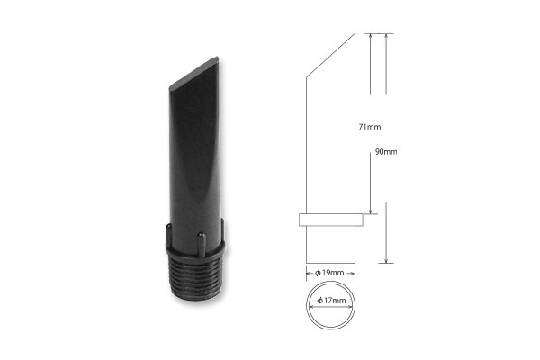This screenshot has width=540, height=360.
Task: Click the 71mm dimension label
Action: pyautogui.click(x=370, y=127)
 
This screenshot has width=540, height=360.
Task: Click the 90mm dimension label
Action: pyautogui.click(x=386, y=152)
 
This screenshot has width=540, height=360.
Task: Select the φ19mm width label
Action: pyautogui.click(x=329, y=273)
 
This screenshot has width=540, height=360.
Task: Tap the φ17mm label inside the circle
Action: pyautogui.click(x=331, y=301)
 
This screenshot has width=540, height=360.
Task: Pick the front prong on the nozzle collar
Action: pyautogui.click(x=202, y=244)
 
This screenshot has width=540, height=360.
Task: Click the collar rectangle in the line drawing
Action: pyautogui.click(x=331, y=220)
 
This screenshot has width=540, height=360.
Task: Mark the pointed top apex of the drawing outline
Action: pyautogui.click(x=355, y=33)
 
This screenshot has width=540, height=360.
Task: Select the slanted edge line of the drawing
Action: pyautogui.click(x=330, y=56)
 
